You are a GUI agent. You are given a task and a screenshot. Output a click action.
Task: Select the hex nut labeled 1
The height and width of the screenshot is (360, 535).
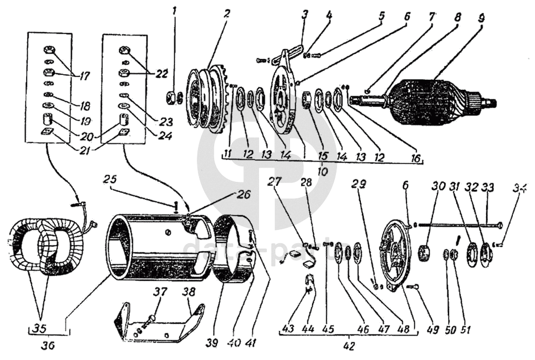pyautogui.click(x=172, y=98)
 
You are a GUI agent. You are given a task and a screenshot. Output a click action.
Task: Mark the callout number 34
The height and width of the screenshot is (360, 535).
pyautogui.click(x=521, y=189)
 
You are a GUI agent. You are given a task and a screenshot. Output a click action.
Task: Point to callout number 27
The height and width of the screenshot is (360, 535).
pyautogui.click(x=276, y=181)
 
